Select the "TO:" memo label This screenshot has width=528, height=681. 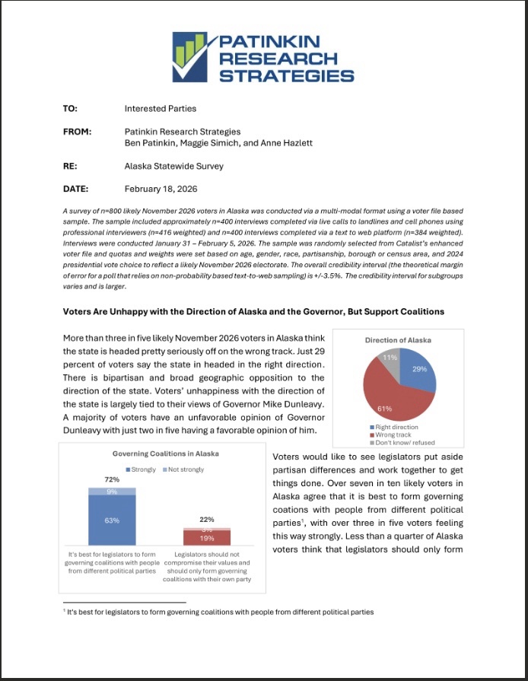[x=70, y=109]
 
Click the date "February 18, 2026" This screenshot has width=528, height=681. [x=161, y=189]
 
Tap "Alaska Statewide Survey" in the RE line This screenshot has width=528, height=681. [x=174, y=165]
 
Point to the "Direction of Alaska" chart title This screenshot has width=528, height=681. [x=398, y=340]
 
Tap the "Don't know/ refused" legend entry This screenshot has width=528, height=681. [x=404, y=443]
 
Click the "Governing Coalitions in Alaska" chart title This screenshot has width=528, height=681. [x=165, y=453]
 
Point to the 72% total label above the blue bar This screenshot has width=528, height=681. [x=112, y=480]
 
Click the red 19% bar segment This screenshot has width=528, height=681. [x=207, y=538]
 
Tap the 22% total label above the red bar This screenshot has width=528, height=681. [x=207, y=520]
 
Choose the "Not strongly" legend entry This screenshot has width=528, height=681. [x=183, y=469]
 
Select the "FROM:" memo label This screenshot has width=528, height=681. [x=77, y=132]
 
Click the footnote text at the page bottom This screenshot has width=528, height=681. [x=221, y=612]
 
